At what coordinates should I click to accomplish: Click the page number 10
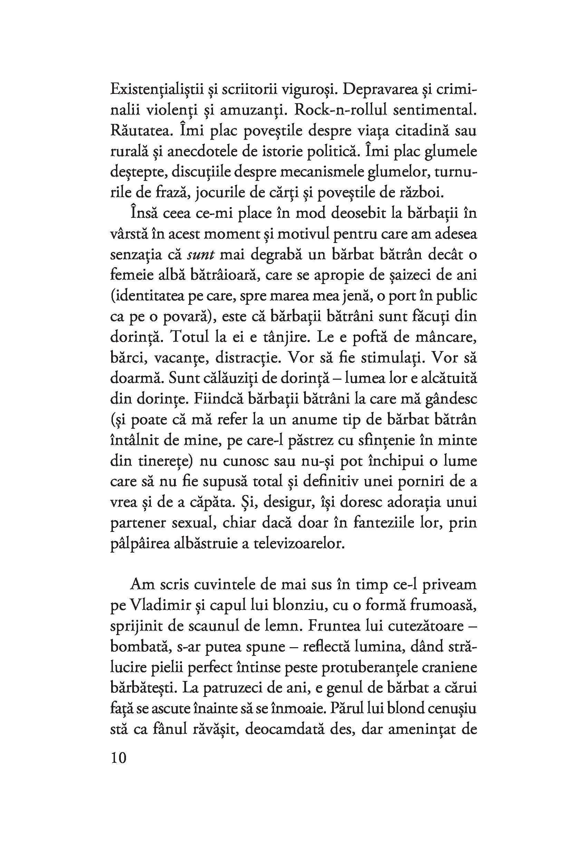pyautogui.click(x=118, y=758)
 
